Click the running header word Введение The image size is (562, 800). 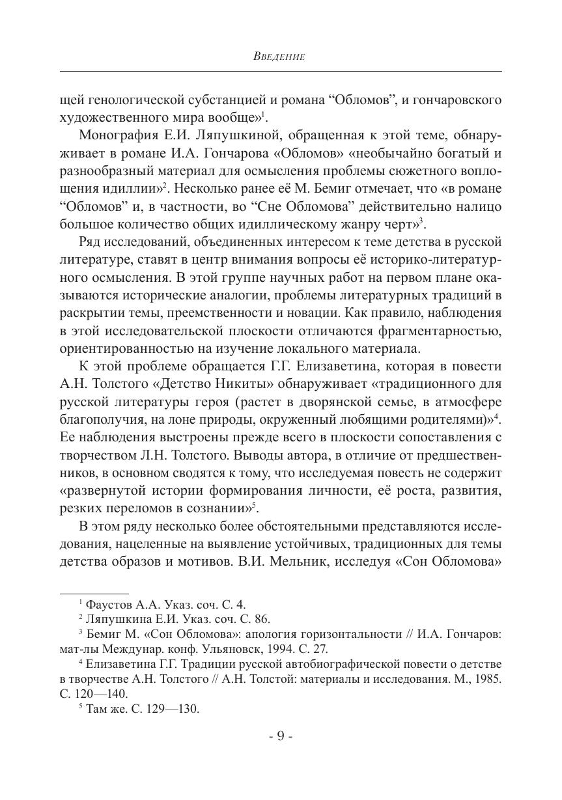(279, 57)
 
